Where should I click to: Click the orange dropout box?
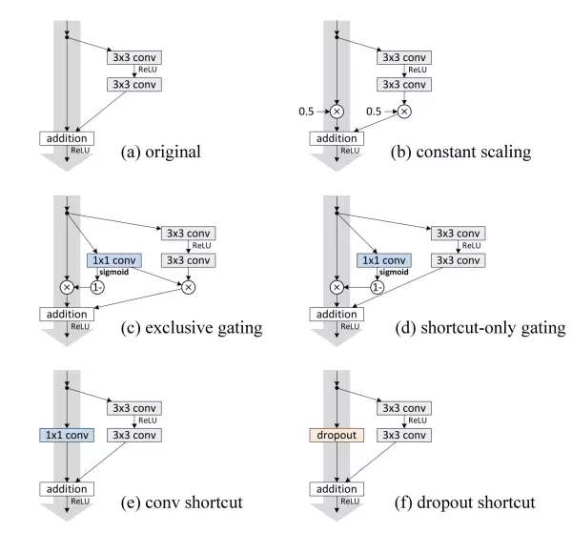click(x=335, y=436)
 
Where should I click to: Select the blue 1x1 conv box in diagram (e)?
click(x=66, y=436)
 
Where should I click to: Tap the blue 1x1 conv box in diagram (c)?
click(x=113, y=259)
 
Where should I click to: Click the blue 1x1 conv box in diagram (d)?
click(x=383, y=259)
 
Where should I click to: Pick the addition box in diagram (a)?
click(x=66, y=139)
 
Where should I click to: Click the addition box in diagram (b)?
click(x=337, y=139)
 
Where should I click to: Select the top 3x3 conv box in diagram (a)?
click(x=133, y=57)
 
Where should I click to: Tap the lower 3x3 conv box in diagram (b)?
click(x=404, y=85)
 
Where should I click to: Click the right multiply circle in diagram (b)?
click(x=403, y=112)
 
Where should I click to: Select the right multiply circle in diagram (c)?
click(x=189, y=286)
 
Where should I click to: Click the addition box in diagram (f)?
click(x=337, y=489)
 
